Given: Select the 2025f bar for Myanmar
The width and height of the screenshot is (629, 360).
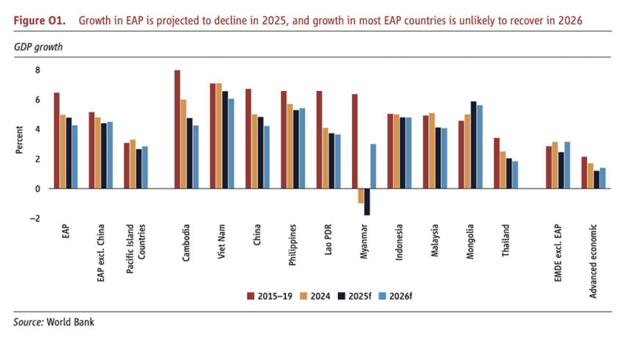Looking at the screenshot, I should click(367, 201).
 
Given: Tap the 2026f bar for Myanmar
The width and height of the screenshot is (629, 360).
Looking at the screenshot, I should click(373, 166).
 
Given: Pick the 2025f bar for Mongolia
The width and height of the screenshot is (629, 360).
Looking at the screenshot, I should click(473, 145).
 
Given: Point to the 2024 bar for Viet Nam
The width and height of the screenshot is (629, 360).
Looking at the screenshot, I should click(219, 136).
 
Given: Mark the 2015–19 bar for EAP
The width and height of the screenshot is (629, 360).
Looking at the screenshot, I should click(57, 141).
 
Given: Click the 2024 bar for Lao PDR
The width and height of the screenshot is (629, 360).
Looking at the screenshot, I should click(326, 158).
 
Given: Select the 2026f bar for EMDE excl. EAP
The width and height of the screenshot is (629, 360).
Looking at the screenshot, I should click(567, 165).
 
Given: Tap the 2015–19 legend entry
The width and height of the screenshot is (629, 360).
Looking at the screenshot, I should click(270, 296).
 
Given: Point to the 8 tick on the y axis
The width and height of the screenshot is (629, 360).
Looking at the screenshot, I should click(38, 70).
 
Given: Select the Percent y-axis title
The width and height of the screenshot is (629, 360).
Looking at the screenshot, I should click(19, 140).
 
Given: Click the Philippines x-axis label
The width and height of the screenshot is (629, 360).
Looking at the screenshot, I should click(293, 245).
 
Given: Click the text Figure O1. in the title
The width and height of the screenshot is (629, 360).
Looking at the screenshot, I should click(39, 21).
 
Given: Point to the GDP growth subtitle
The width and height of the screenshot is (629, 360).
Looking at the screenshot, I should click(38, 47).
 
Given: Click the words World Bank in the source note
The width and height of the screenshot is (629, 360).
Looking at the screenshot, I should click(70, 322).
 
